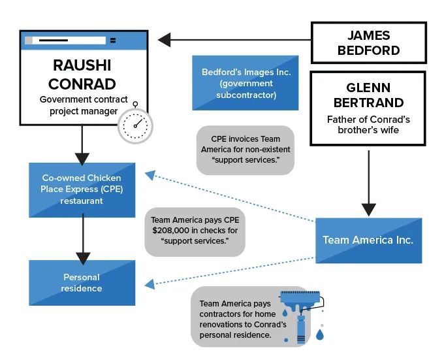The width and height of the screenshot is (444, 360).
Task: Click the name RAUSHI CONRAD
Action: tap(82, 75)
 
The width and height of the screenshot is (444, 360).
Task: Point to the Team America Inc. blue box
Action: tap(368, 240)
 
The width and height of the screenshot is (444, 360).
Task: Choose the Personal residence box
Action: tap(82, 282)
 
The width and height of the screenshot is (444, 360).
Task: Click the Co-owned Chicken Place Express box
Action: tap(82, 189)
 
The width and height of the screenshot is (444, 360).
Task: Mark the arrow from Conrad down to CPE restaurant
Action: tap(82, 144)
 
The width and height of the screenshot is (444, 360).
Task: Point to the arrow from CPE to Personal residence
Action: tap(82, 238)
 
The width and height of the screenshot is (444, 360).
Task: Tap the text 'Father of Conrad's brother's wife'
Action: tap(368, 125)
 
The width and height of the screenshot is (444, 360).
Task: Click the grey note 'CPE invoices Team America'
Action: tap(245, 150)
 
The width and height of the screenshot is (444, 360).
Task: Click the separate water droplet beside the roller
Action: tap(319, 335)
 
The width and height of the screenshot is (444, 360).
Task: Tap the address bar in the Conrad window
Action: tap(65, 41)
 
